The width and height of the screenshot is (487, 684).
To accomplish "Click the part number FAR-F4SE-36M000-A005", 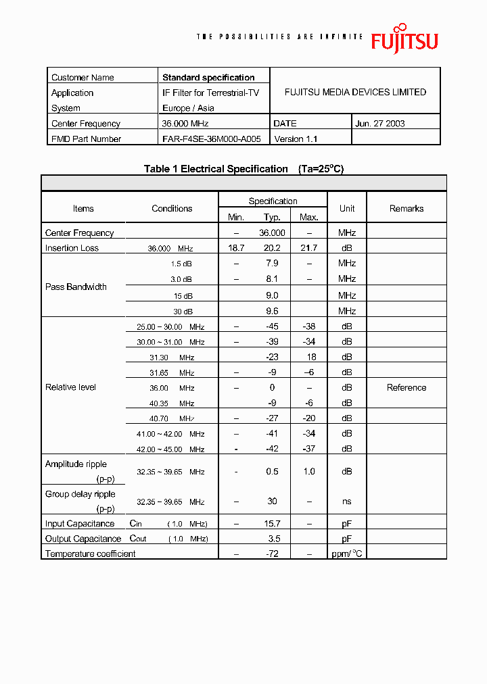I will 211,139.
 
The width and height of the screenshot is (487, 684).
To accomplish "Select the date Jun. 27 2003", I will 379,124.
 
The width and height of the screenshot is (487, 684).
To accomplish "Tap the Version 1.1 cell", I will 296,139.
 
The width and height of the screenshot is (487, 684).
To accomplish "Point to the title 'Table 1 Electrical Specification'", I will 216,169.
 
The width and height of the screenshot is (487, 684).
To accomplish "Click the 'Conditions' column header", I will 172,209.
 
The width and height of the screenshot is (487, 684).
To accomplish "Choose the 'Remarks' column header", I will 406,209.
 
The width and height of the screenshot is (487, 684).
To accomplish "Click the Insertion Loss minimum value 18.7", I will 235,248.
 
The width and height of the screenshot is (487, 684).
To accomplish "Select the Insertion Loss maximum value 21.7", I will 308,248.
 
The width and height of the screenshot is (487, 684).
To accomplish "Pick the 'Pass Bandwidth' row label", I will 76,287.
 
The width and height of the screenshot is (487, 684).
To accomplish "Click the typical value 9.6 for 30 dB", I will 272,311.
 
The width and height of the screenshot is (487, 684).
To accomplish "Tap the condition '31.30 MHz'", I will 172,358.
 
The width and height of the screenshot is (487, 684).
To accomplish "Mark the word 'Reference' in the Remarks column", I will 406,388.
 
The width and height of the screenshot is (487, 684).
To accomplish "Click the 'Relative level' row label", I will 70,388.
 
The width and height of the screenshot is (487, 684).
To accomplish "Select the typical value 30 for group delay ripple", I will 272,502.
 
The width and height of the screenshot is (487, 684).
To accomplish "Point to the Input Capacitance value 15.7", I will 272,524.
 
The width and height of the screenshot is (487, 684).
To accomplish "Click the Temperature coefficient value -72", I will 272,554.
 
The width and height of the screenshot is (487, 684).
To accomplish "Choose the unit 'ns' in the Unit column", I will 346,502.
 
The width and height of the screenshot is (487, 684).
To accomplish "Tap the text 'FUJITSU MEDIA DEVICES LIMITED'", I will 355,93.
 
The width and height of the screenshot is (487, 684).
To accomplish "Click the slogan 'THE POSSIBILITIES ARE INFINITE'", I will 279,36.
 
